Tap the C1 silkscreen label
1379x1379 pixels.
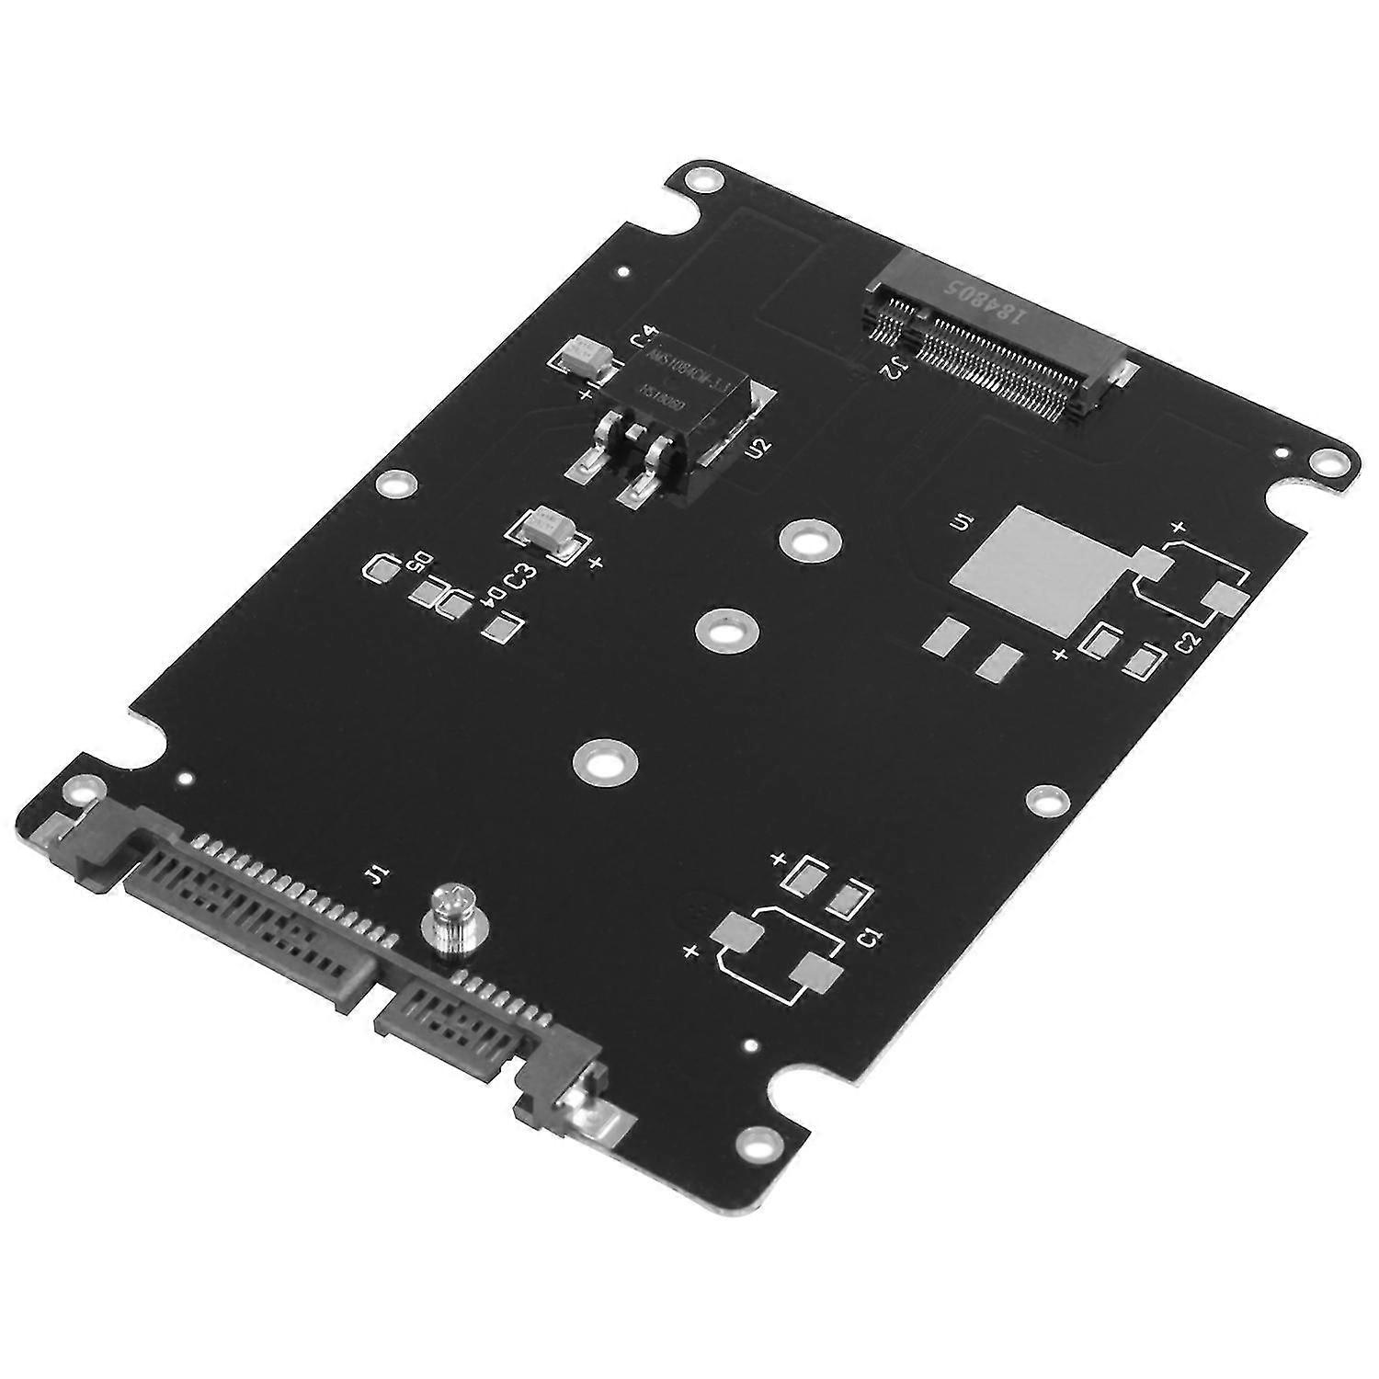(868, 939)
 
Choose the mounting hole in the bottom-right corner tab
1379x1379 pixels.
(756, 1143)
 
